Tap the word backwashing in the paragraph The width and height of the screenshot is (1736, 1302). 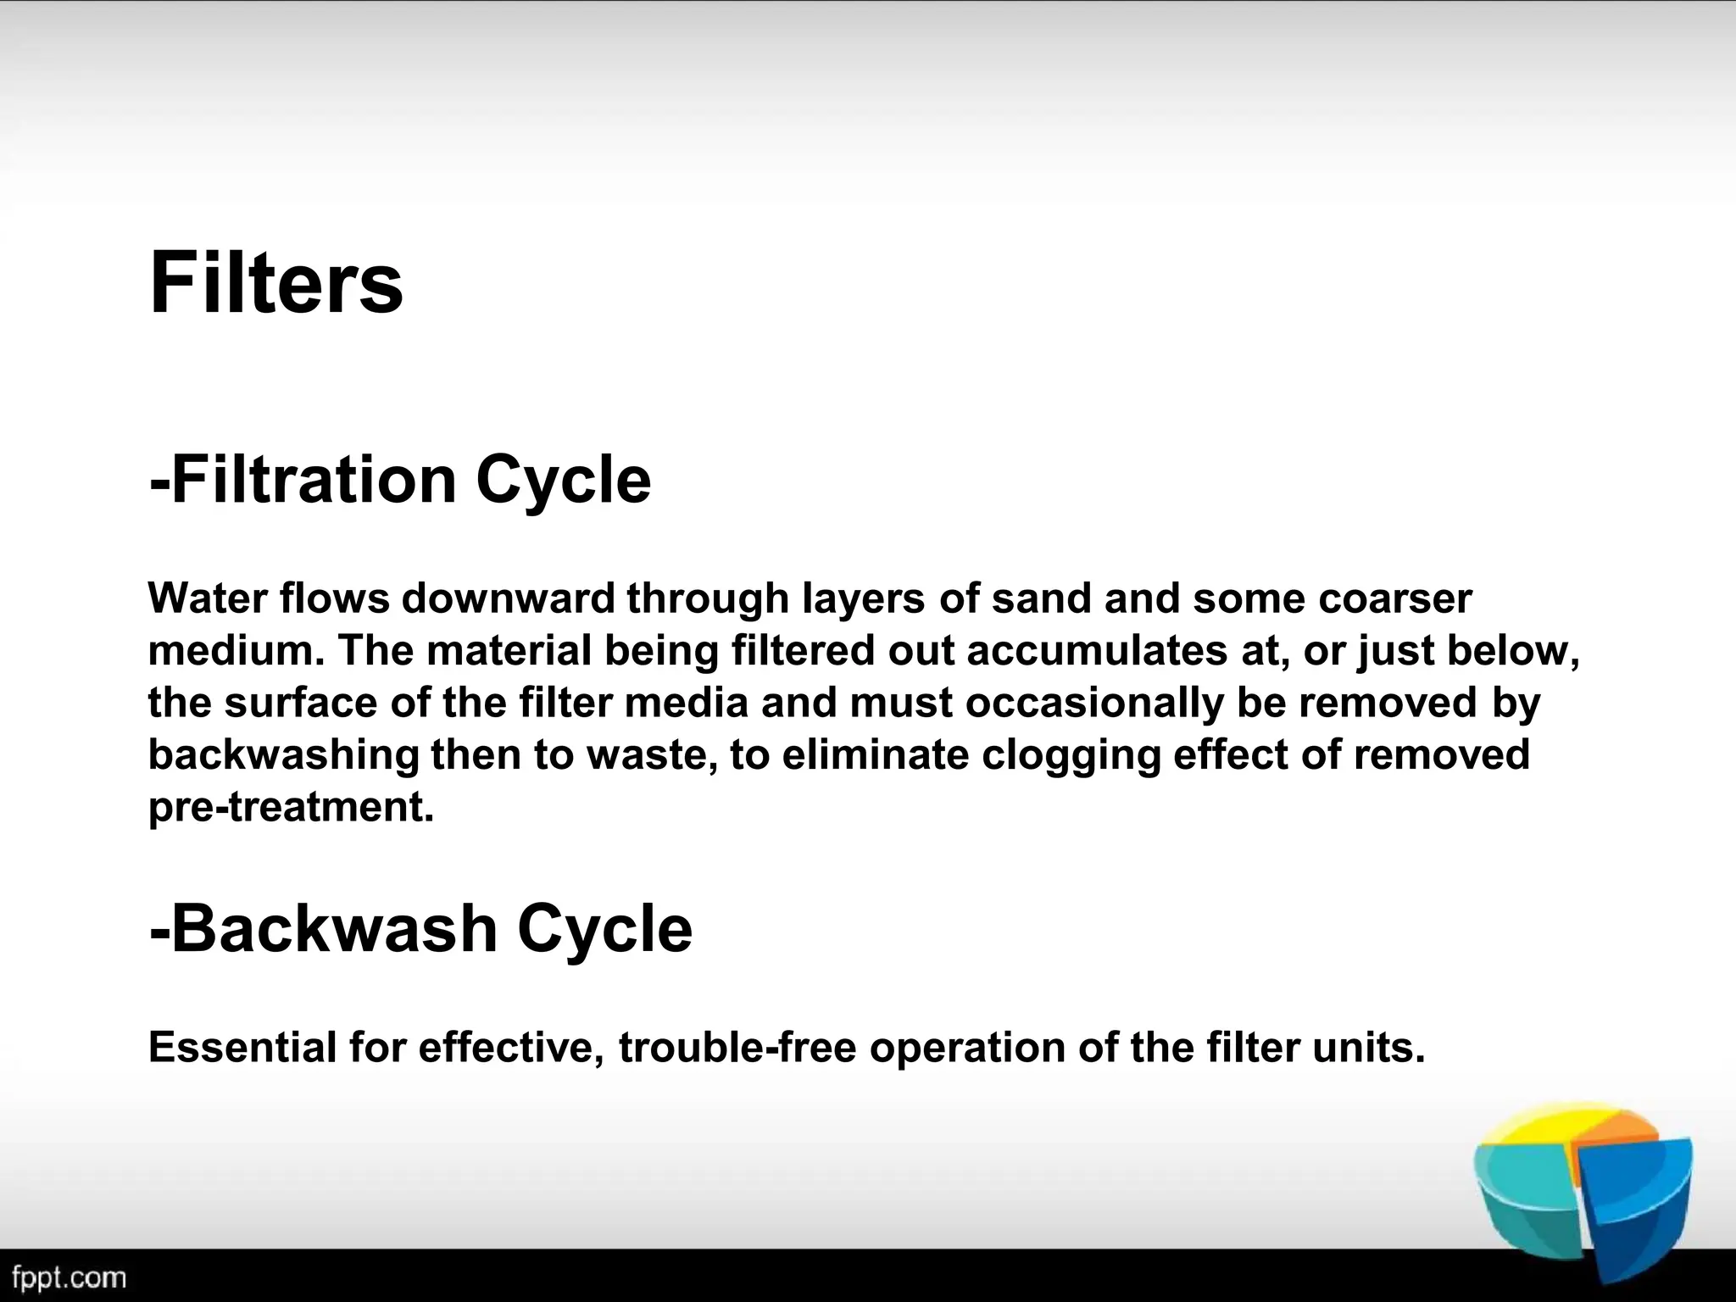tap(283, 755)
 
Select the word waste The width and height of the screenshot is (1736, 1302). tap(651, 755)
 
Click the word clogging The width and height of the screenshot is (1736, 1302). tap(1071, 755)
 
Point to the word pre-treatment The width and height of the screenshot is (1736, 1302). tap(291, 807)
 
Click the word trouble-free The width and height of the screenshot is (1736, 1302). tap(737, 1048)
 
